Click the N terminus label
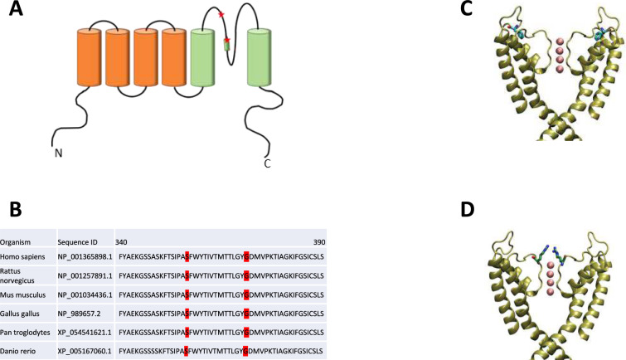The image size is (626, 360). tap(58, 153)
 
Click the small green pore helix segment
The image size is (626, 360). tap(226, 46)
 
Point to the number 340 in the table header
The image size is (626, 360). tap(123, 241)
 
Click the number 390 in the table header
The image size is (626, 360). tap(317, 241)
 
